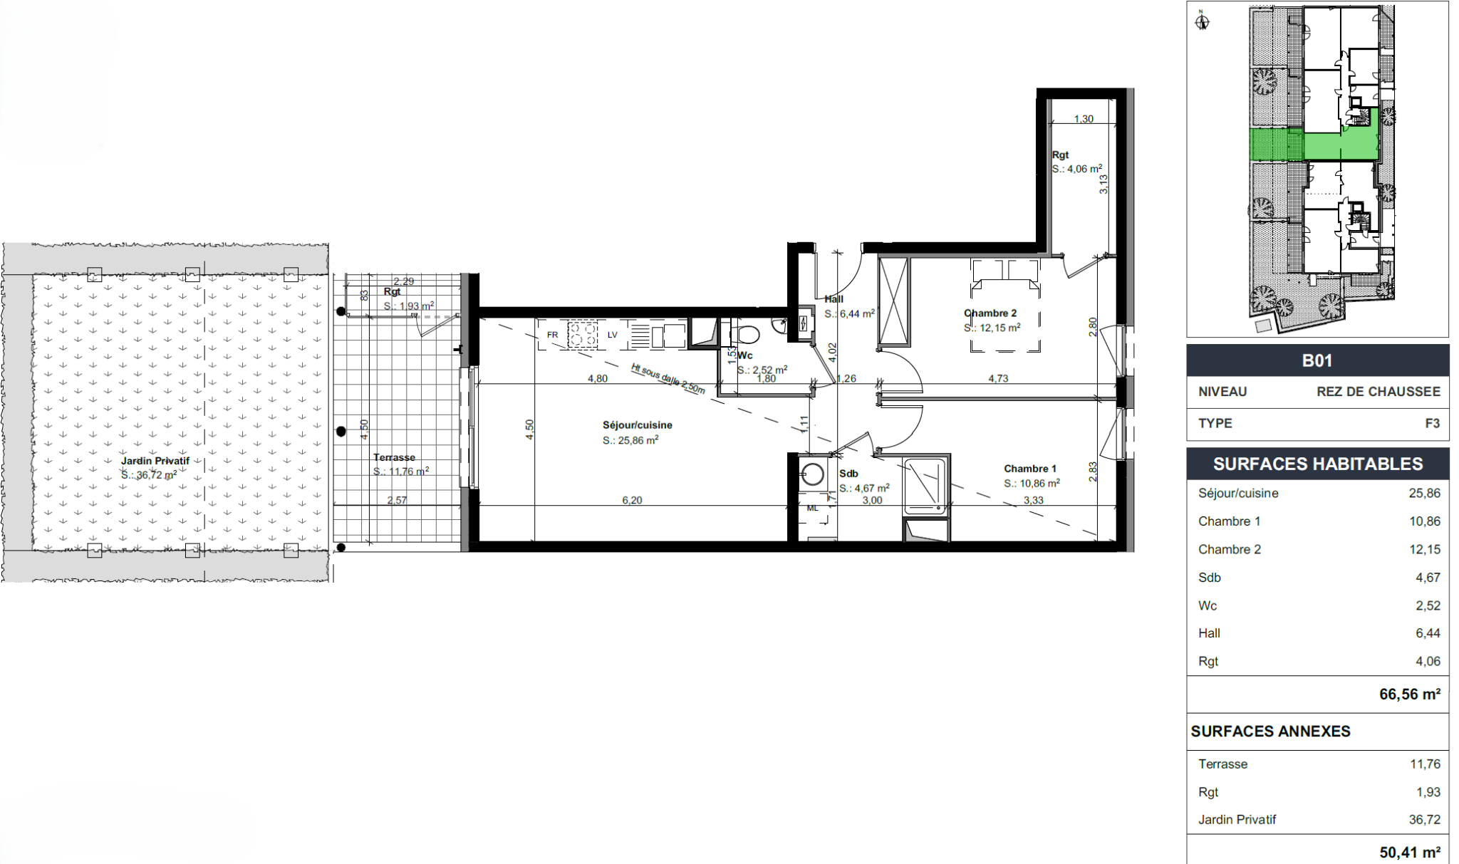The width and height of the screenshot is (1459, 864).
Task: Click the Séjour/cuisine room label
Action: (x=637, y=425)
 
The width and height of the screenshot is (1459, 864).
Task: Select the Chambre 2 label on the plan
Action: (x=990, y=313)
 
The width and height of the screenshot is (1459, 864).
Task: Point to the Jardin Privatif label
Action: (x=155, y=461)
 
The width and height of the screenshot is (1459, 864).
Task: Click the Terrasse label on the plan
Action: (x=394, y=457)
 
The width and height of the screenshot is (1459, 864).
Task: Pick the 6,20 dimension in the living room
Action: (x=632, y=500)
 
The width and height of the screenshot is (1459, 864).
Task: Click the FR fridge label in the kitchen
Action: (x=552, y=335)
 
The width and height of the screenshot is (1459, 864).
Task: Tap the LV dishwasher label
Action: (x=612, y=335)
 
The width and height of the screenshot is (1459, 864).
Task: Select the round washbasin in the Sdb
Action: (x=812, y=474)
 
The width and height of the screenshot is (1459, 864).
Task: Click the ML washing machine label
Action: (x=813, y=508)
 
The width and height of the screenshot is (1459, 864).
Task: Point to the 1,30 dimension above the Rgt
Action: (x=1084, y=119)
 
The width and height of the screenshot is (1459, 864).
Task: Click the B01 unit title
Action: (x=1317, y=360)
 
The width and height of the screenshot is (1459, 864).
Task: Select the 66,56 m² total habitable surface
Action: (x=1410, y=694)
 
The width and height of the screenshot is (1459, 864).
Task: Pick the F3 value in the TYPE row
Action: (x=1433, y=423)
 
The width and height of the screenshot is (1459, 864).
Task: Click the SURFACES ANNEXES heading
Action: (x=1270, y=732)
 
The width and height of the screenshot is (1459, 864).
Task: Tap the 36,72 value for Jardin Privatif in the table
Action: (x=1425, y=820)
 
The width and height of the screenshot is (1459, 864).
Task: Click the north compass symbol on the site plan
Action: (x=1203, y=21)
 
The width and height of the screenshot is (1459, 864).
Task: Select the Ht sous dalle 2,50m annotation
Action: (x=668, y=378)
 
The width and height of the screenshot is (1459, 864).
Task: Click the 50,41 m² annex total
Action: (x=1410, y=853)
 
